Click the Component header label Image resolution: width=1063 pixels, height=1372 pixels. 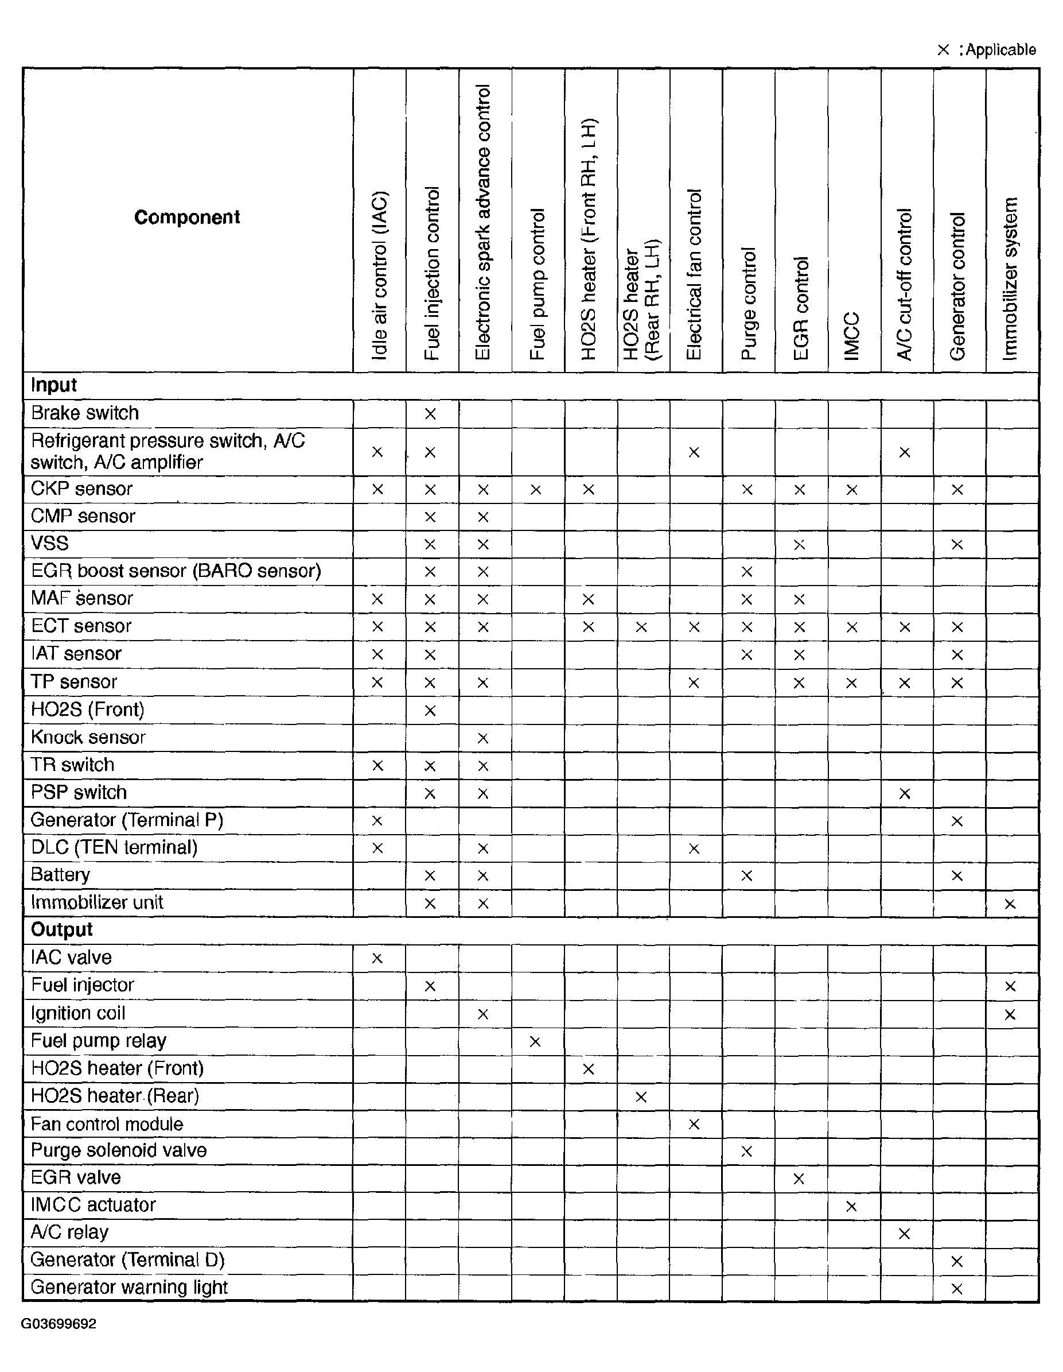coord(187,218)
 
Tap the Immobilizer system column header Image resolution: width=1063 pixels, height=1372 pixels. coord(1010,279)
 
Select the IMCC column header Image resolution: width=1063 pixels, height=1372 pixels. coord(852,335)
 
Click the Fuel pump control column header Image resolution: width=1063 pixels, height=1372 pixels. coord(537,284)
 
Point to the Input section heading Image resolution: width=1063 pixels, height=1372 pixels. coord(54,385)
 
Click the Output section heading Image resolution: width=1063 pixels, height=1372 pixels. coord(61,930)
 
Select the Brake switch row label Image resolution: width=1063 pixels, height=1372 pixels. coord(85,413)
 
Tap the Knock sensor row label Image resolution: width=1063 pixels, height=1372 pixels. coord(88,738)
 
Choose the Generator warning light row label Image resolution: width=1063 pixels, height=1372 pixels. coord(129,1287)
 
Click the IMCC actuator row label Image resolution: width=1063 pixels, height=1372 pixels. coord(93,1205)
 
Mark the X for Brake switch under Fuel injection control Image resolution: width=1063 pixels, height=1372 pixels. coord(430,414)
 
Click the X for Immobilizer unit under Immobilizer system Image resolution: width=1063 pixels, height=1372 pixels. coord(1010,904)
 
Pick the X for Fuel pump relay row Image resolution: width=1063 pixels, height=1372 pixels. coord(535,1041)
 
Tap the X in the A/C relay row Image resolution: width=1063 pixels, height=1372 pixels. coord(904,1234)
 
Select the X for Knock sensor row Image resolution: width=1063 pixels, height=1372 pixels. coord(482,738)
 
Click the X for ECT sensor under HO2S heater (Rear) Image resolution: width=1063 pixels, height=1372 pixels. coord(641,627)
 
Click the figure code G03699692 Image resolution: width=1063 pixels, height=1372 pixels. coord(59,1324)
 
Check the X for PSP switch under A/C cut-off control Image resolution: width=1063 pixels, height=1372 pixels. coord(904,793)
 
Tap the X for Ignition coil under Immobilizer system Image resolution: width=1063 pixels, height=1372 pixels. coord(1010,1014)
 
